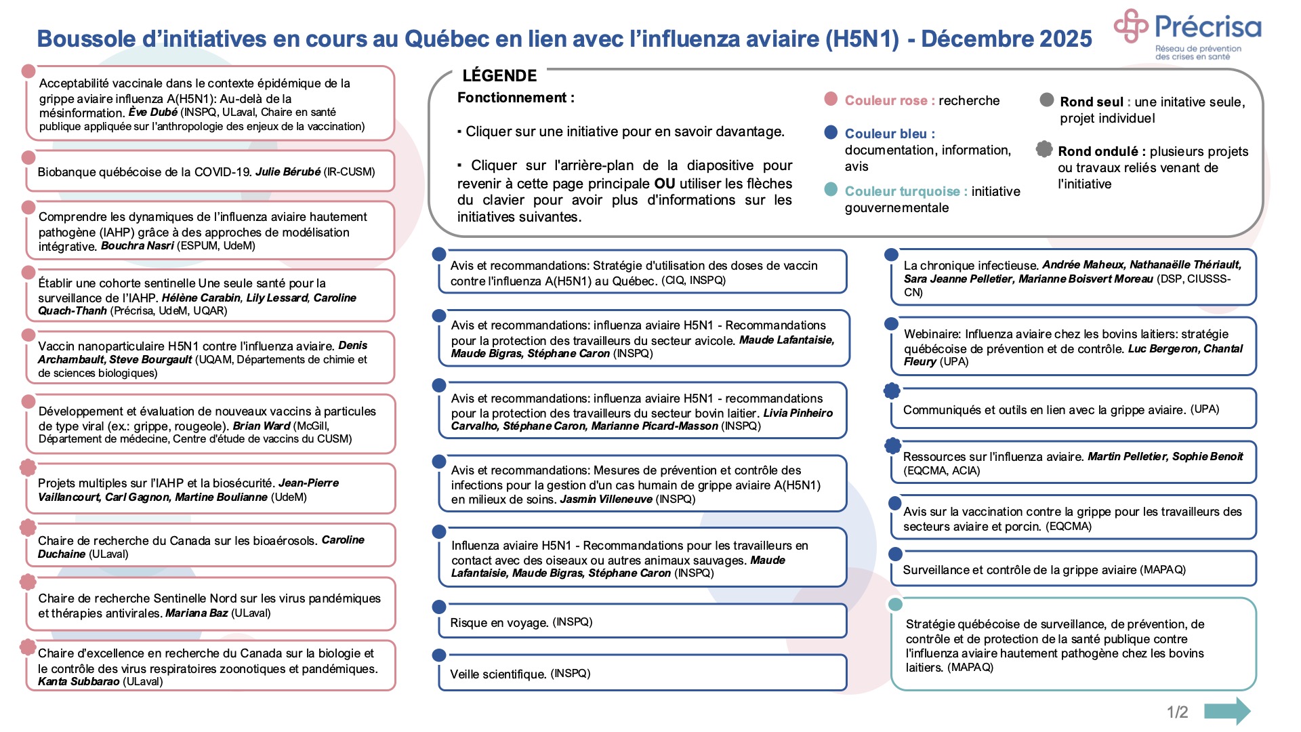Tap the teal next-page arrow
click(1227, 711)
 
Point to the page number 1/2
click(1177, 712)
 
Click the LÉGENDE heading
click(499, 75)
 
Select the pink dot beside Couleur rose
click(831, 100)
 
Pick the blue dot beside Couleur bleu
click(831, 132)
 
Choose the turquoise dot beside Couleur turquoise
click(831, 189)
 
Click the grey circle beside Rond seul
click(1047, 100)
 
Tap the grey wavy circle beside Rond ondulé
click(1044, 149)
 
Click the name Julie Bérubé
click(287, 171)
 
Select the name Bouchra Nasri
click(137, 245)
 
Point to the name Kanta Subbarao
click(79, 681)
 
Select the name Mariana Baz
click(197, 613)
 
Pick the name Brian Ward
click(261, 426)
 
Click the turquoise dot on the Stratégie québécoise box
click(895, 605)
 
